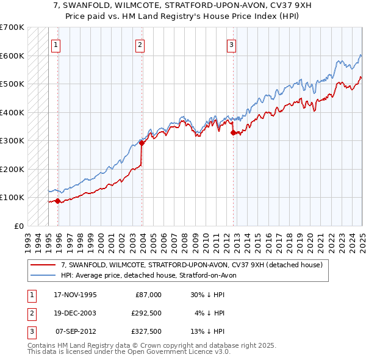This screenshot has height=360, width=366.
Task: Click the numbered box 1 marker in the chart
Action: click(x=56, y=44)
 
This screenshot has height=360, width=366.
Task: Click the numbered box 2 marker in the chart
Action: click(x=140, y=44)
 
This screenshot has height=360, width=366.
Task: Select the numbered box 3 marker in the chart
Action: click(x=232, y=44)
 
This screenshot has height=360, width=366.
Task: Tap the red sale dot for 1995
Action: click(x=57, y=201)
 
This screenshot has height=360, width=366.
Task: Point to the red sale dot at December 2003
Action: click(x=142, y=143)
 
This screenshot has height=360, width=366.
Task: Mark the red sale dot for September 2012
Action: click(x=233, y=133)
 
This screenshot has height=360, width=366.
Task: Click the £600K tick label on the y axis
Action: click(x=12, y=56)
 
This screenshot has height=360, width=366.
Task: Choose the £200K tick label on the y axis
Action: click(x=12, y=169)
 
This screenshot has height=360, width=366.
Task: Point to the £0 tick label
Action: click(x=18, y=226)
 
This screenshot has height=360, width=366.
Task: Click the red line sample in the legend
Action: click(x=43, y=265)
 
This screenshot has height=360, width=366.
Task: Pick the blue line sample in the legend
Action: click(x=43, y=275)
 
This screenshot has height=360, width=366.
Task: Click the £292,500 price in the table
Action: click(x=146, y=313)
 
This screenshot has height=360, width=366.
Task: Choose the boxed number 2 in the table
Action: click(x=30, y=313)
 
